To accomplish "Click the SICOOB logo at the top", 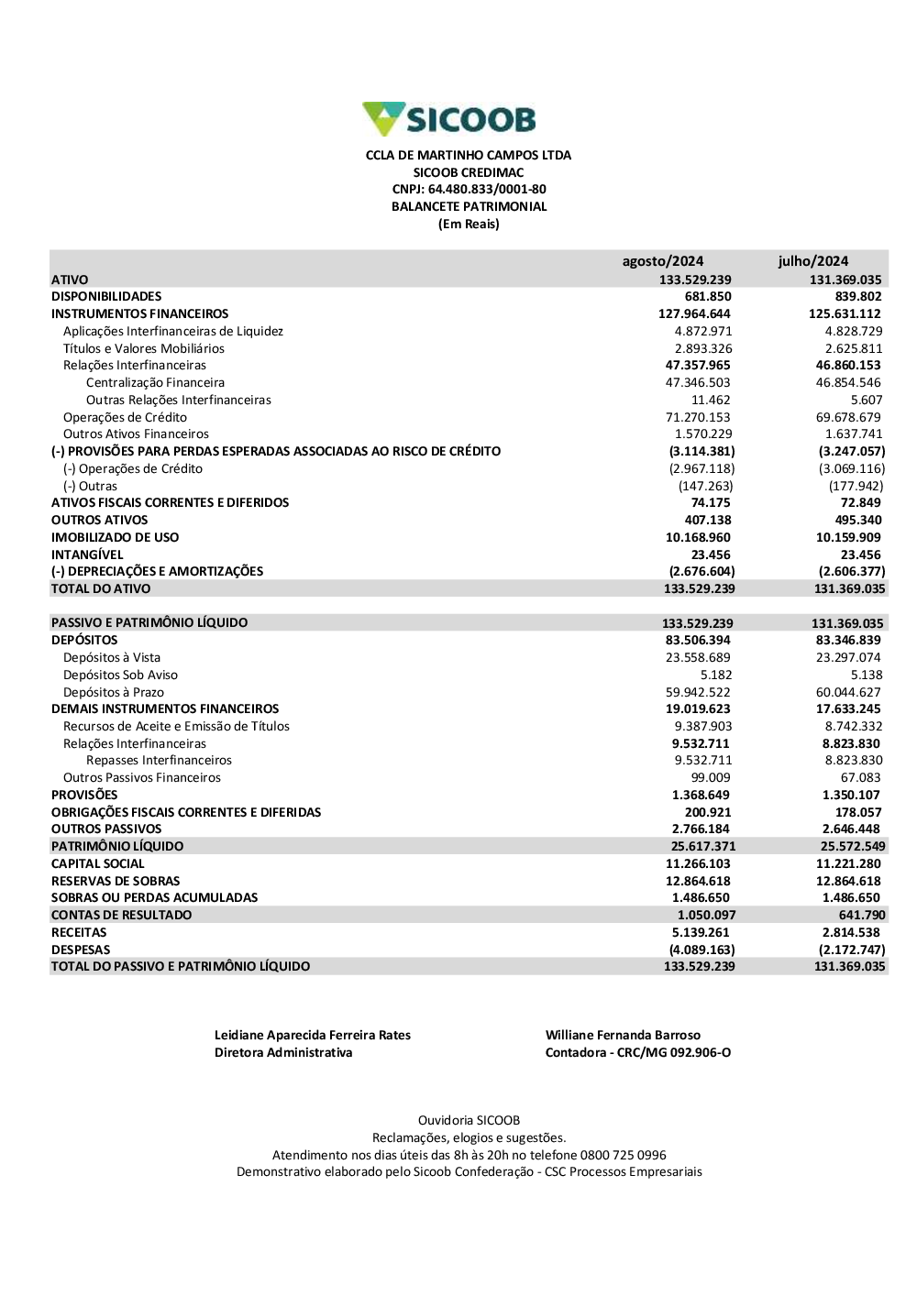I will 449,119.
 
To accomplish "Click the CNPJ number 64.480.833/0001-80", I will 487,190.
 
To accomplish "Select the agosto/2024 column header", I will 663,261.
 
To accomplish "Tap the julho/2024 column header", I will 813,261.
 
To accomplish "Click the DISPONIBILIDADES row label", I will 106,297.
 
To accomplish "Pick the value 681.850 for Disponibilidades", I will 708,297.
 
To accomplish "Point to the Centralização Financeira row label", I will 155,383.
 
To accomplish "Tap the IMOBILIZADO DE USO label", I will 115,538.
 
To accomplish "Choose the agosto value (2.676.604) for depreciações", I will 702,572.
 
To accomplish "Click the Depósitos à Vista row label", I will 112,658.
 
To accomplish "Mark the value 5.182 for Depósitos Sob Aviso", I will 716,675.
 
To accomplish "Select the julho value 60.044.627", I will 848,693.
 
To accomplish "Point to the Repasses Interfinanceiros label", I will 159,761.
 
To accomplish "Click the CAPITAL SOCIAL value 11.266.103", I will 698,864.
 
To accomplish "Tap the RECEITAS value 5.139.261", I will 701,933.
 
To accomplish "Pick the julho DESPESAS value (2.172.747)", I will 852,950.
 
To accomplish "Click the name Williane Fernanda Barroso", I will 623,1036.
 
